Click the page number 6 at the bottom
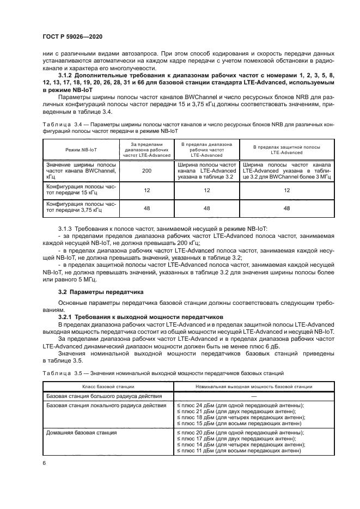44,462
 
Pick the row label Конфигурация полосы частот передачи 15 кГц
81,190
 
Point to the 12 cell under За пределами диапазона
146,190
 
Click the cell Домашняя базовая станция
82,432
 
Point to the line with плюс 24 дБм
241,405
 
